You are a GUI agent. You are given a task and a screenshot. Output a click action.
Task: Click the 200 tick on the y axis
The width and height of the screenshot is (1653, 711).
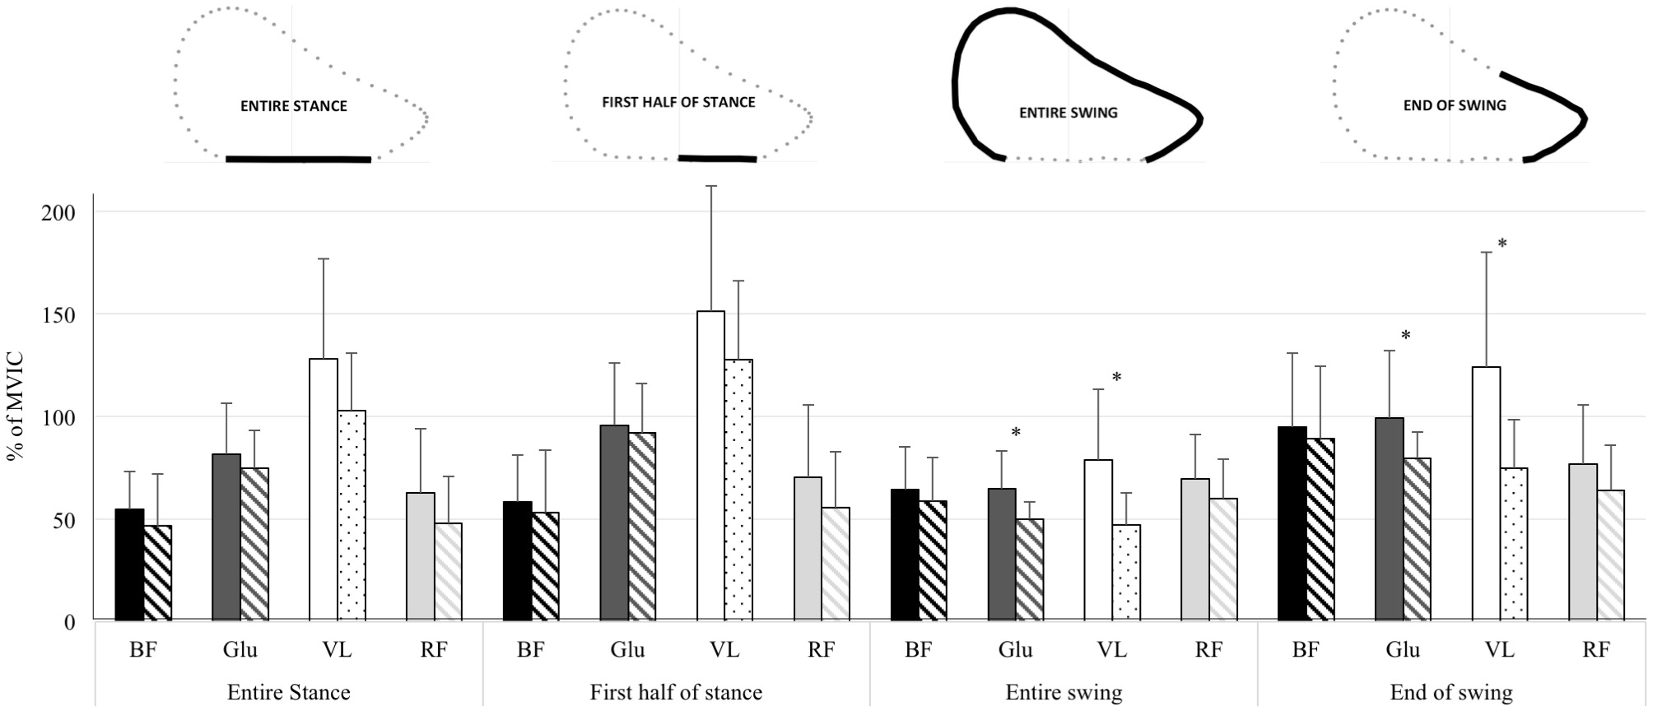58,212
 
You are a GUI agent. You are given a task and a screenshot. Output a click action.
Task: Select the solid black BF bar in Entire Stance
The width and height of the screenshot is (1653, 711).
129,565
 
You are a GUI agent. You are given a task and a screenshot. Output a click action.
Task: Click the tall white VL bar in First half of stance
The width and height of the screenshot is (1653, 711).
710,465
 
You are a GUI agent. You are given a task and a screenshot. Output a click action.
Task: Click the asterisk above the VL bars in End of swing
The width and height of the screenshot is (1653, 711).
1502,244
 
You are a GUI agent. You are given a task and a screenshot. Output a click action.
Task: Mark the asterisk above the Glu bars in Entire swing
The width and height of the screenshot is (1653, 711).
1016,433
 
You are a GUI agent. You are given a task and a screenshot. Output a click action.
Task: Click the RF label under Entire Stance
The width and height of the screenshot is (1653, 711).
434,650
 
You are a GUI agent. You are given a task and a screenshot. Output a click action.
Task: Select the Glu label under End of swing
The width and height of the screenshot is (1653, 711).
1403,650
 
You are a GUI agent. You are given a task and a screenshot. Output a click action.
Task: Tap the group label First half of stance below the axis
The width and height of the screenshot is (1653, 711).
676,692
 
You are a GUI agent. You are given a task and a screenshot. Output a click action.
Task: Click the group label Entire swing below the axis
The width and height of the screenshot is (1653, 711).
1064,692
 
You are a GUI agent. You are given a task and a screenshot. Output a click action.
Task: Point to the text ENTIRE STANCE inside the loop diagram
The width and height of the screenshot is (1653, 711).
294,106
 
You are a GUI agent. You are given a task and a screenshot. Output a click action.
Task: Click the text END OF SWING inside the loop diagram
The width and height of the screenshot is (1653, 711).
1455,105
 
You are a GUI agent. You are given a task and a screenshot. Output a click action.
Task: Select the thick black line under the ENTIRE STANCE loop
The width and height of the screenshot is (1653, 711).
298,160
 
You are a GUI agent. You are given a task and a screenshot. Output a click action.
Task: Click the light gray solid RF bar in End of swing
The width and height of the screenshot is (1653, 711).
1583,541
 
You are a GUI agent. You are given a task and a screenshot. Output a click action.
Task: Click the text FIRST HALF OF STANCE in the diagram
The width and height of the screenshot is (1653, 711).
678,102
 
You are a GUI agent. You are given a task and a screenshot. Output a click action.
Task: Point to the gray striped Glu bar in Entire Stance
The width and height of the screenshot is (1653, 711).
254,544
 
